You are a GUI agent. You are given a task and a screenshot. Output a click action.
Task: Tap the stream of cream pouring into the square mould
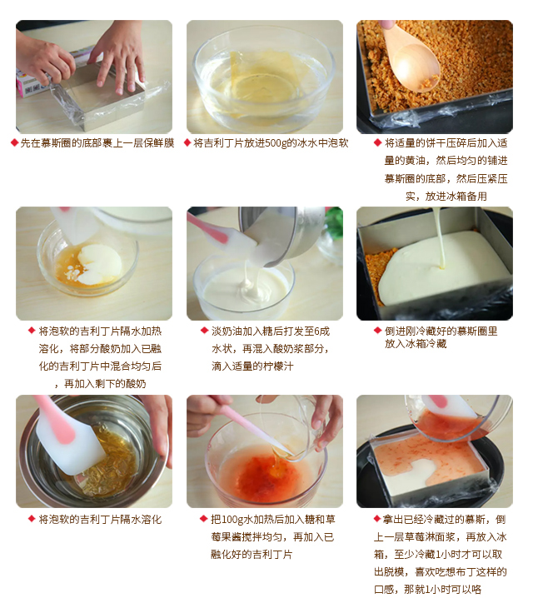point(440,237)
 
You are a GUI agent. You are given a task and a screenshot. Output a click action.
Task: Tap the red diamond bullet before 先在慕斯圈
point(14,143)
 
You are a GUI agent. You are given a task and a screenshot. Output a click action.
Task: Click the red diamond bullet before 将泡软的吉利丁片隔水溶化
point(32,519)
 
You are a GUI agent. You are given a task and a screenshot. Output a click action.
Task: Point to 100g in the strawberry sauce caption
point(231,520)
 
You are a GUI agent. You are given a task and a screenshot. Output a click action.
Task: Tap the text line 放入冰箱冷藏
point(416,344)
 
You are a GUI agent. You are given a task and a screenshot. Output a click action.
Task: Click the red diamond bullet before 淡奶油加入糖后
point(204,331)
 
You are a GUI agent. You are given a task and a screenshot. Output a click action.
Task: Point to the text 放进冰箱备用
point(446,196)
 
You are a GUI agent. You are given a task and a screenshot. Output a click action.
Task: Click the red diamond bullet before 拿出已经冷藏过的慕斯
point(376,519)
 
